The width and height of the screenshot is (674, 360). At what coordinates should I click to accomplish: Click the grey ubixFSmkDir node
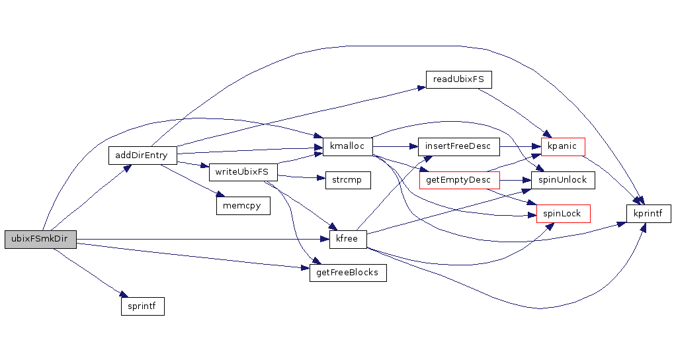40,239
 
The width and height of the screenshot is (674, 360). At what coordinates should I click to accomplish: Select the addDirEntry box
142,156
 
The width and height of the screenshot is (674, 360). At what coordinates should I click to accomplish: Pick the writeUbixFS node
243,172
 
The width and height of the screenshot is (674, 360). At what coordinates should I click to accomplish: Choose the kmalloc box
347,146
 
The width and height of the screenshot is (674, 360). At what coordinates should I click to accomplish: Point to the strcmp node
347,180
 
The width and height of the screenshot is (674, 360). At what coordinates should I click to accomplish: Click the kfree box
347,239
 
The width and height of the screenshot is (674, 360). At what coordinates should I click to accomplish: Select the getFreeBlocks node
347,272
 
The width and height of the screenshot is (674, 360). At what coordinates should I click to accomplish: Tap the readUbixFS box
458,79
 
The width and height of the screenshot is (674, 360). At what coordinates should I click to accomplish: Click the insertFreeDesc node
458,146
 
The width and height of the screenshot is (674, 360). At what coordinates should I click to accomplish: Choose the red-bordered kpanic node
563,146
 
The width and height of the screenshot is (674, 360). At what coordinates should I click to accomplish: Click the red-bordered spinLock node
563,213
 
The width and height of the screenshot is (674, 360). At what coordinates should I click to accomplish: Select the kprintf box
649,213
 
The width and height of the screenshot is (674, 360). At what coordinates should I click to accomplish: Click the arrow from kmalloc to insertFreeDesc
395,146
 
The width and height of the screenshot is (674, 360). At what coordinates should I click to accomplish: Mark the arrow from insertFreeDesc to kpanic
520,146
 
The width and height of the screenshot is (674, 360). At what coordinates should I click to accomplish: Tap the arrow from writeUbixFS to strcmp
301,177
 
